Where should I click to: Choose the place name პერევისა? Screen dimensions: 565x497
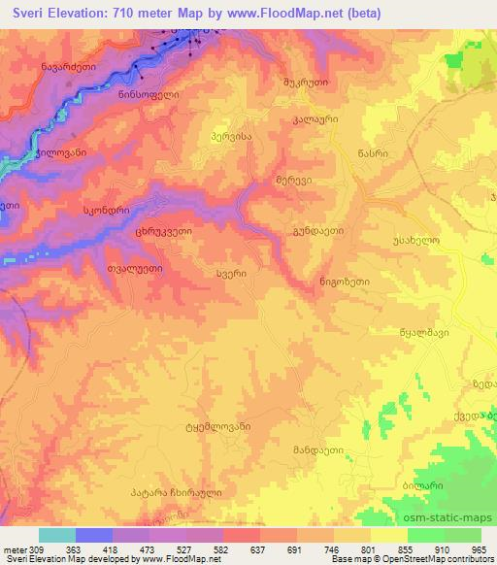[x=231, y=138]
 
